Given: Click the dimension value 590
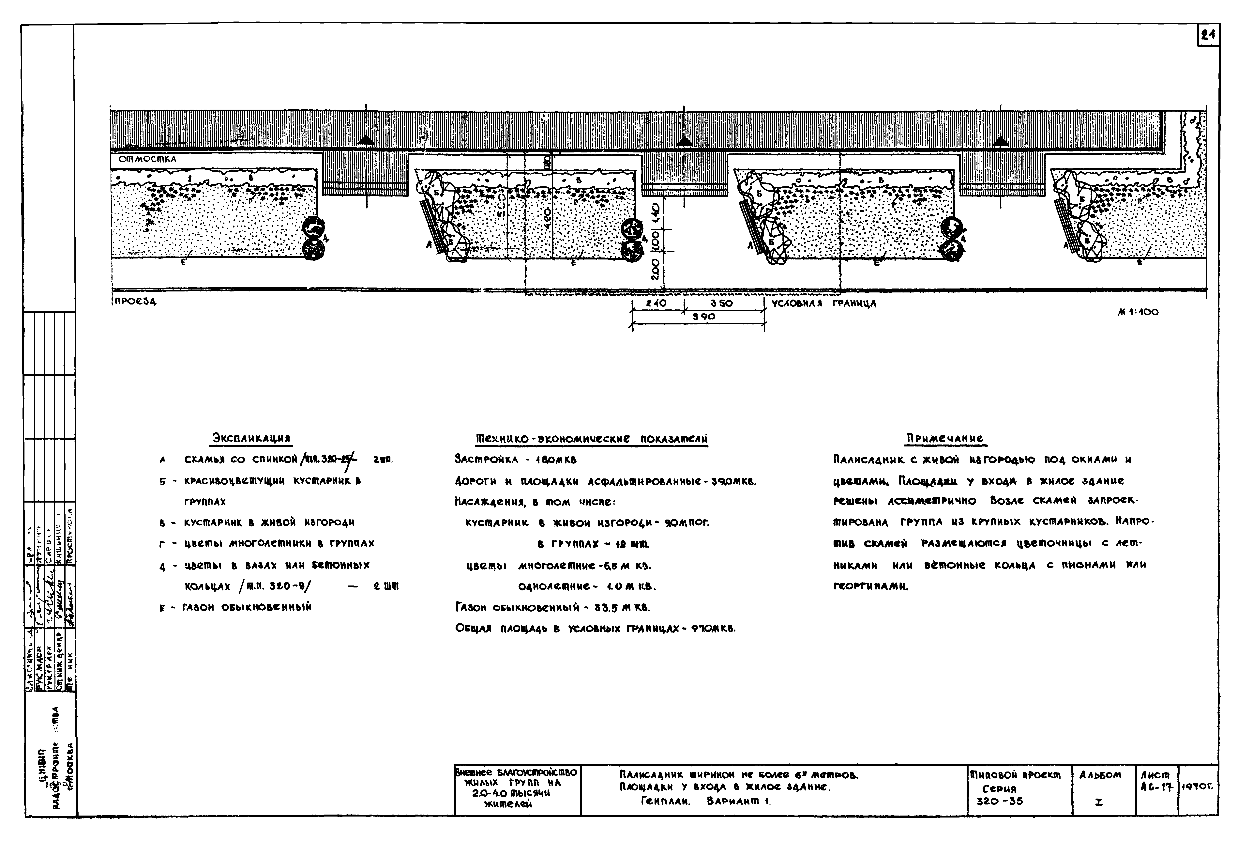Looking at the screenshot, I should point(704,317).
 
